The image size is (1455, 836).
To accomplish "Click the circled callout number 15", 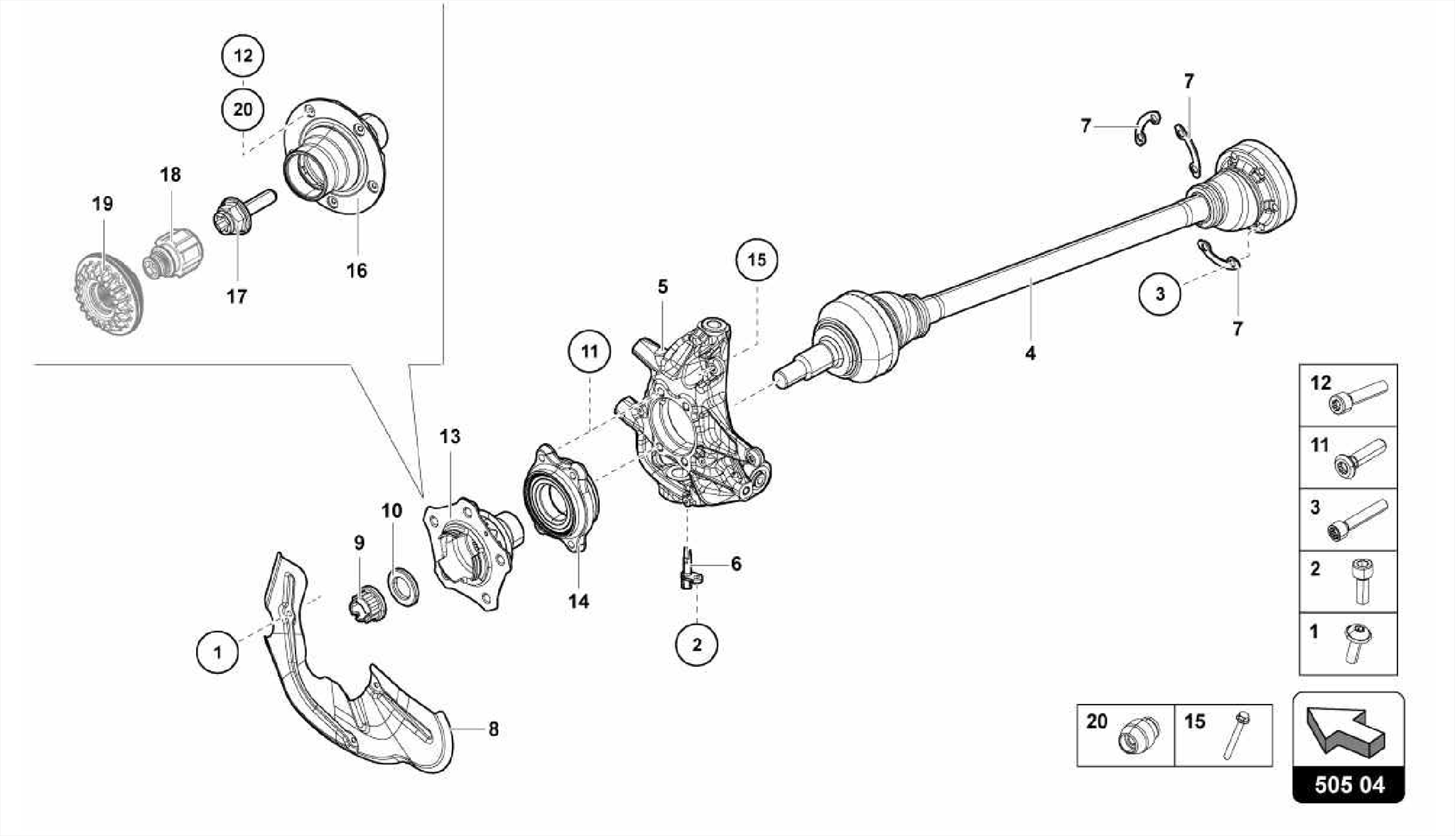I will point(757,260).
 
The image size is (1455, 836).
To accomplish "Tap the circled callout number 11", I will point(590,352).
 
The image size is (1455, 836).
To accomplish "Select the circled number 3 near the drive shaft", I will point(1159,293).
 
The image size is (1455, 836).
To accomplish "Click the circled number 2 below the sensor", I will point(696,645).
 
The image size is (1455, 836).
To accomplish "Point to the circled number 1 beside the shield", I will point(217,652).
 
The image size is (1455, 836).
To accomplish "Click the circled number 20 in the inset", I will point(242,110).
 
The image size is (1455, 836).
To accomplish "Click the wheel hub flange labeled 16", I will point(334,156).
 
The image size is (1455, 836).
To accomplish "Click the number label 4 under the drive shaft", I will point(1030,352).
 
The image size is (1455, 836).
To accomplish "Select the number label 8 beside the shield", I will point(493,729).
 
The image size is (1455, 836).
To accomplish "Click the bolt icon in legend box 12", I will point(1357,396).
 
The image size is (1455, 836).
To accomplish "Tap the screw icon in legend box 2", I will point(1362,581).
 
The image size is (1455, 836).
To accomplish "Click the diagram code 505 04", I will point(1348,785).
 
